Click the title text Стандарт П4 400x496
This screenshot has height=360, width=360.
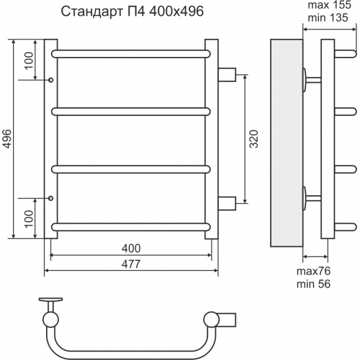(x=132, y=12)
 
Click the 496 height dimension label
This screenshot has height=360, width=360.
(x=7, y=139)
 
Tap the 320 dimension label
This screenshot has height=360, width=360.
(x=254, y=139)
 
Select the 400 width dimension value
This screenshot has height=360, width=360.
(x=131, y=248)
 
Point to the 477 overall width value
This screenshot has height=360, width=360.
(x=131, y=264)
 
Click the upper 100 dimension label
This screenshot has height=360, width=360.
(x=29, y=60)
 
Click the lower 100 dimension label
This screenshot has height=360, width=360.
(x=29, y=219)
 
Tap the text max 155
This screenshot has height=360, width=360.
(x=330, y=5)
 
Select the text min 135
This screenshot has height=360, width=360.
(x=328, y=18)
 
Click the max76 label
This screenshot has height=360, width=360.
(x=313, y=271)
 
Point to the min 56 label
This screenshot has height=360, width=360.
(x=313, y=284)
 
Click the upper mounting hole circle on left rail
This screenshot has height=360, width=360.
(x=51, y=80)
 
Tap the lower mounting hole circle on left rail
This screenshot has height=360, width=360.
(x=51, y=198)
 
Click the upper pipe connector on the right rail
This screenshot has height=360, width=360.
(x=227, y=75)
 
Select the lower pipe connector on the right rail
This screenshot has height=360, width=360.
(x=227, y=204)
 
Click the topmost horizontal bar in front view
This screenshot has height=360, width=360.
(x=131, y=54)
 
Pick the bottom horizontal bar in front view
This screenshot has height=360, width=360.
(x=131, y=227)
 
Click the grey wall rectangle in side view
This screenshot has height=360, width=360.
(x=287, y=143)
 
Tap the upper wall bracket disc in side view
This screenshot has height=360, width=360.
(x=305, y=80)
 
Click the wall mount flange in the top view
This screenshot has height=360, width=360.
(x=50, y=300)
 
